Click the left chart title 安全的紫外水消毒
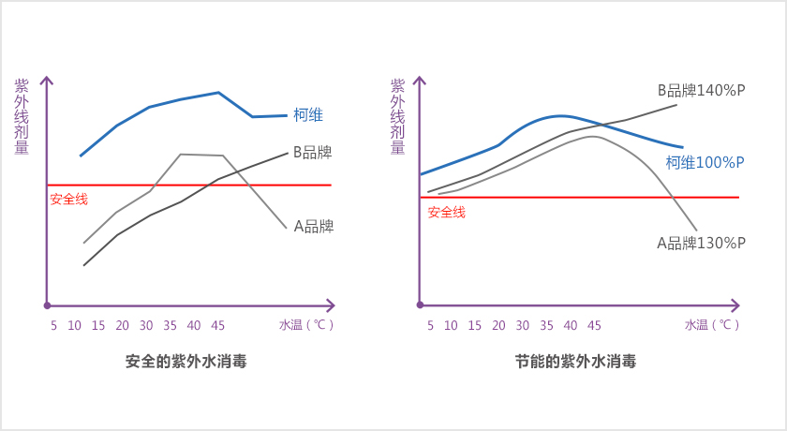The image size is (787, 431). pyautogui.click(x=186, y=362)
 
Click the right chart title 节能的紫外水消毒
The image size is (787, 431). pyautogui.click(x=576, y=362)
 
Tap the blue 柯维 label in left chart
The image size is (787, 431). pyautogui.click(x=308, y=115)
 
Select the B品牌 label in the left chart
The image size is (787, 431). pyautogui.click(x=313, y=151)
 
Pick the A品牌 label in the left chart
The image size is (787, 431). pyautogui.click(x=314, y=226)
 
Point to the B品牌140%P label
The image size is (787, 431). pyautogui.click(x=700, y=92)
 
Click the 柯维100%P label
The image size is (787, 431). pyautogui.click(x=705, y=162)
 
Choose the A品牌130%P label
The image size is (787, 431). pyautogui.click(x=701, y=243)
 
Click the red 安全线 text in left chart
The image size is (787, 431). pyautogui.click(x=68, y=199)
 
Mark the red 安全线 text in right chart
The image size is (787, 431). pyautogui.click(x=446, y=212)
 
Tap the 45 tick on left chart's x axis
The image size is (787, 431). pyautogui.click(x=217, y=326)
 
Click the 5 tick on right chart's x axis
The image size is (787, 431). pyautogui.click(x=430, y=326)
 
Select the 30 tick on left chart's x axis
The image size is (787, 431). pyautogui.click(x=146, y=326)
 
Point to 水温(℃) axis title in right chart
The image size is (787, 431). pyautogui.click(x=712, y=326)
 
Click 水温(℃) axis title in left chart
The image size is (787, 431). pyautogui.click(x=306, y=326)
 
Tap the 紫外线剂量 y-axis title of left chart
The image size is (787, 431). pyautogui.click(x=22, y=115)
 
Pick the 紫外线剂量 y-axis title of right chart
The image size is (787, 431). pyautogui.click(x=397, y=115)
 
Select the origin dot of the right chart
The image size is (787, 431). pyautogui.click(x=421, y=305)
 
